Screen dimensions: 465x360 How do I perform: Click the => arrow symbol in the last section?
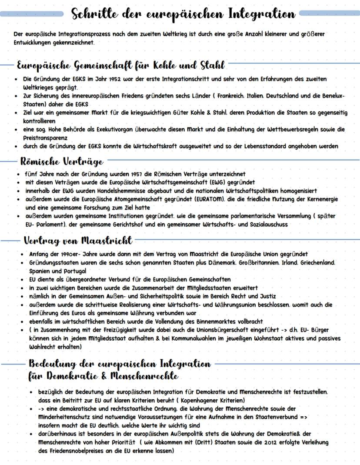pyautogui.click(x=303, y=417)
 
